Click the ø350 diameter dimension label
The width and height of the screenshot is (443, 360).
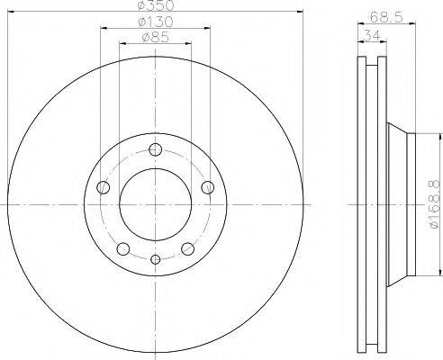tap(156, 5)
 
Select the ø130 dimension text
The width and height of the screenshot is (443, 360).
tap(156, 22)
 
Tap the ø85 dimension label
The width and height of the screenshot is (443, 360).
tap(156, 38)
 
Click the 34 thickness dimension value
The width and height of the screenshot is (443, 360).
tap(372, 36)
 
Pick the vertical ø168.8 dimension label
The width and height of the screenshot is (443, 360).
tap(435, 205)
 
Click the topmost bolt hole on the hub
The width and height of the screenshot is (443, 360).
tap(156, 149)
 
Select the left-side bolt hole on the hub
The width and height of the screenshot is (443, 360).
tap(103, 187)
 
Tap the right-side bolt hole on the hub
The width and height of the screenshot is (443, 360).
tap(208, 187)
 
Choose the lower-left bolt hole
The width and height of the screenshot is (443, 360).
tap(123, 249)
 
